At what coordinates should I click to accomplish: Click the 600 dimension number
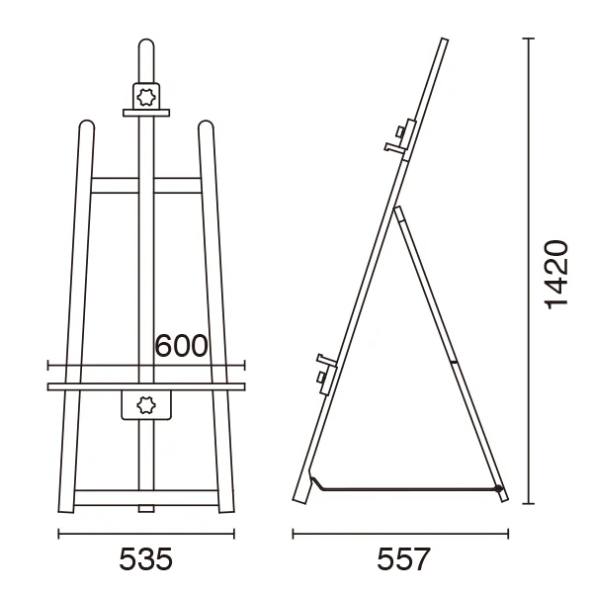pos(182,345)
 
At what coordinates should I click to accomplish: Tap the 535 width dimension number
pos(146,559)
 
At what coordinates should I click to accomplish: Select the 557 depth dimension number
pos(403,559)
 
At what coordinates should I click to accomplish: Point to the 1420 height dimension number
pos(555,275)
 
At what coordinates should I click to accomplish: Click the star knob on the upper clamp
pos(146,97)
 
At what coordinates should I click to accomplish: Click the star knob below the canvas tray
pos(146,404)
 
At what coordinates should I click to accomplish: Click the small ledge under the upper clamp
pos(146,113)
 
